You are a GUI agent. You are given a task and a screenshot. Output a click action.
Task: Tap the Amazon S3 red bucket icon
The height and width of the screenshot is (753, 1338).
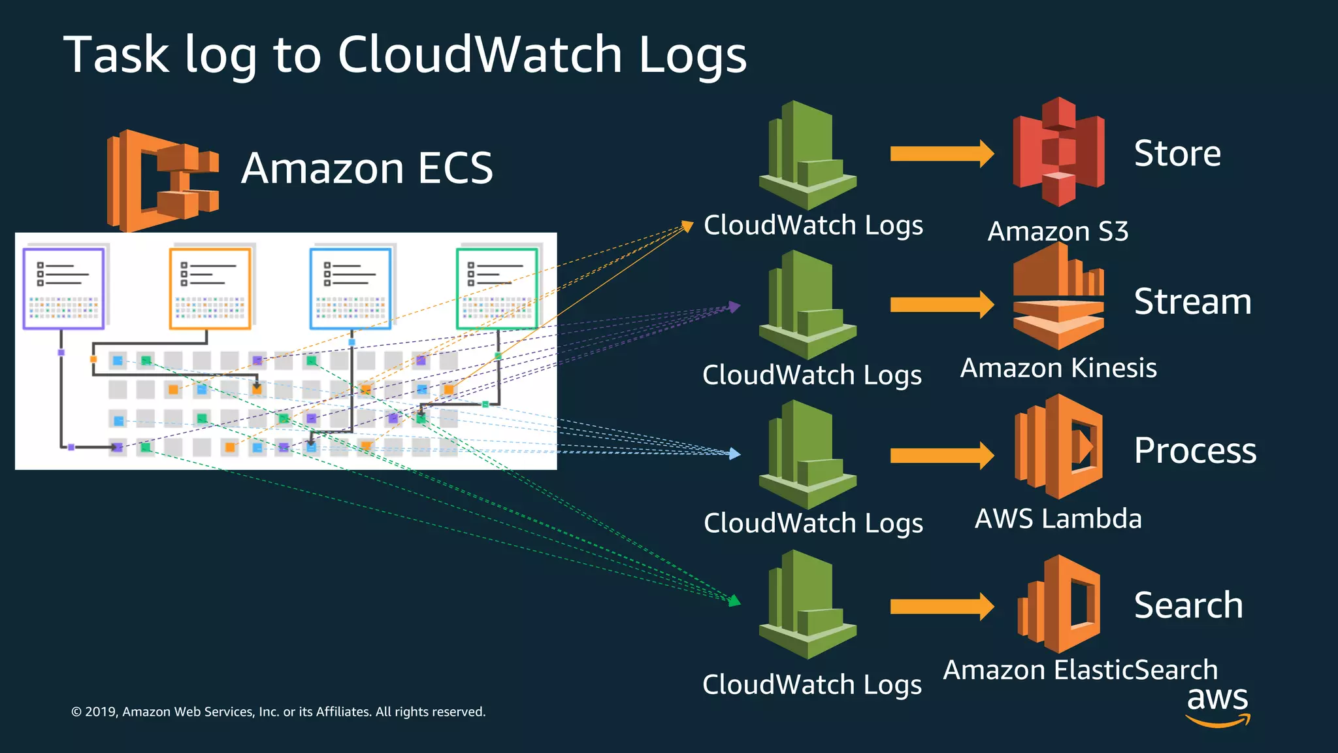[x=1058, y=152]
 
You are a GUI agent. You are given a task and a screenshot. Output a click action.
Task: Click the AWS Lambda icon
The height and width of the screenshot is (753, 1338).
[x=1058, y=446]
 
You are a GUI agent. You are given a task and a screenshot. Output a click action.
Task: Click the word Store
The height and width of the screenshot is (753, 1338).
[x=1177, y=154]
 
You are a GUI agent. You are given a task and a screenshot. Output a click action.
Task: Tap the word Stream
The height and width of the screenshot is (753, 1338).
[x=1192, y=302]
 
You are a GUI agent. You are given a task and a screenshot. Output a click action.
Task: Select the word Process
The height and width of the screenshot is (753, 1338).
[x=1195, y=450]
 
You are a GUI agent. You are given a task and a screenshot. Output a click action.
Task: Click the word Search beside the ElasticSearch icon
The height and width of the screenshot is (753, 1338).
[x=1188, y=605]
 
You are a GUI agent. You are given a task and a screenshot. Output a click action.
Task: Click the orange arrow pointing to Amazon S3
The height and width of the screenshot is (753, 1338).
[x=941, y=154]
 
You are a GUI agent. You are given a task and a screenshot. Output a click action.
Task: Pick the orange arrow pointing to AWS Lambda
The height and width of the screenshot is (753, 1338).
[x=941, y=456]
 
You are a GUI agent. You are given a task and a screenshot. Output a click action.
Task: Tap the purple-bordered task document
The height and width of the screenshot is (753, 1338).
[x=63, y=288]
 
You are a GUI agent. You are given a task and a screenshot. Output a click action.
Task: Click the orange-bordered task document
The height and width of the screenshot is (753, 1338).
[x=210, y=288]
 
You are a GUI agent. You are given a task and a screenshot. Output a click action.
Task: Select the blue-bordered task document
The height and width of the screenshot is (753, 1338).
[x=351, y=288]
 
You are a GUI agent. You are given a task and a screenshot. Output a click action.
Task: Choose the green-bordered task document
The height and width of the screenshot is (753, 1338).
[x=497, y=288]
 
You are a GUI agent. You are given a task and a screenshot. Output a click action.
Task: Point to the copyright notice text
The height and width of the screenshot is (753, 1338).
[x=278, y=712]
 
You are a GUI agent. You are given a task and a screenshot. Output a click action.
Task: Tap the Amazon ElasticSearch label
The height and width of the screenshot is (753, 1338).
[x=1081, y=670]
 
